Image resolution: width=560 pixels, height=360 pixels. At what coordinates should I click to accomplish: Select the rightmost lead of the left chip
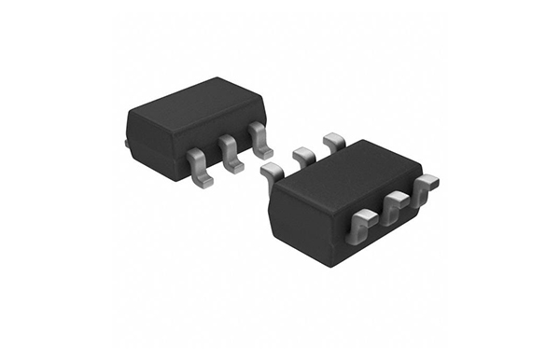(259, 139)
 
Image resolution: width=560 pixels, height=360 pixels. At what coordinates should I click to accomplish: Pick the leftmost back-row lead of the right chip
(272, 172)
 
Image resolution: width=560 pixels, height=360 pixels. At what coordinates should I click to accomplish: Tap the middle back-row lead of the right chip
(304, 155)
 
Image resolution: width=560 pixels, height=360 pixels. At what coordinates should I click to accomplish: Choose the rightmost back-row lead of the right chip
(333, 142)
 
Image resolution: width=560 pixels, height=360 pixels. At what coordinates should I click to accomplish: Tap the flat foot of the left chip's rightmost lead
(264, 150)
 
